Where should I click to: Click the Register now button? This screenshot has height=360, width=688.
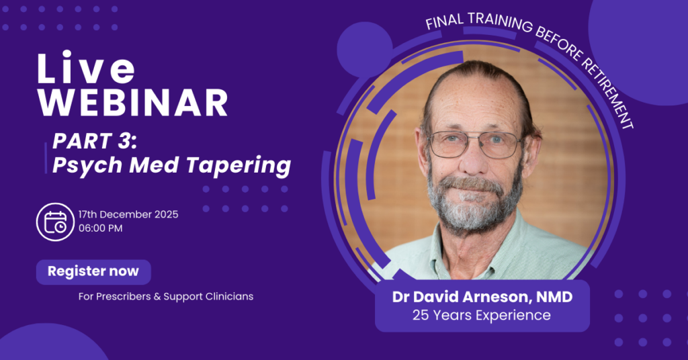point(93,272)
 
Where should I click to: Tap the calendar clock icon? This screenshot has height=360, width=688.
point(55,222)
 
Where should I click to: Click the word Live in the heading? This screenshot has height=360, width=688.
point(87,68)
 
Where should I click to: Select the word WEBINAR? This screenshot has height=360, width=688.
point(133,103)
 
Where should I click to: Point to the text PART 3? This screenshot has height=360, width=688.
point(95,141)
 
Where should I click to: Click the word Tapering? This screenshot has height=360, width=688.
point(239,166)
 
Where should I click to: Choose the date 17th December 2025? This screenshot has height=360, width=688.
point(128,214)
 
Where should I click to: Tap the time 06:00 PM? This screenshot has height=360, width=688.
point(101,228)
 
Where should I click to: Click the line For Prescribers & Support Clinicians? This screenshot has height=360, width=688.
point(166,296)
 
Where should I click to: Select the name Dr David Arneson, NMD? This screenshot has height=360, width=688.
point(482,297)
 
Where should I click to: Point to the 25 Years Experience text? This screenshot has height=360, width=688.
point(481,315)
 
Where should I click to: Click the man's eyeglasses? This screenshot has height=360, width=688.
point(475,144)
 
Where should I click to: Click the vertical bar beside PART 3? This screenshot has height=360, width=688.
point(46,158)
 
